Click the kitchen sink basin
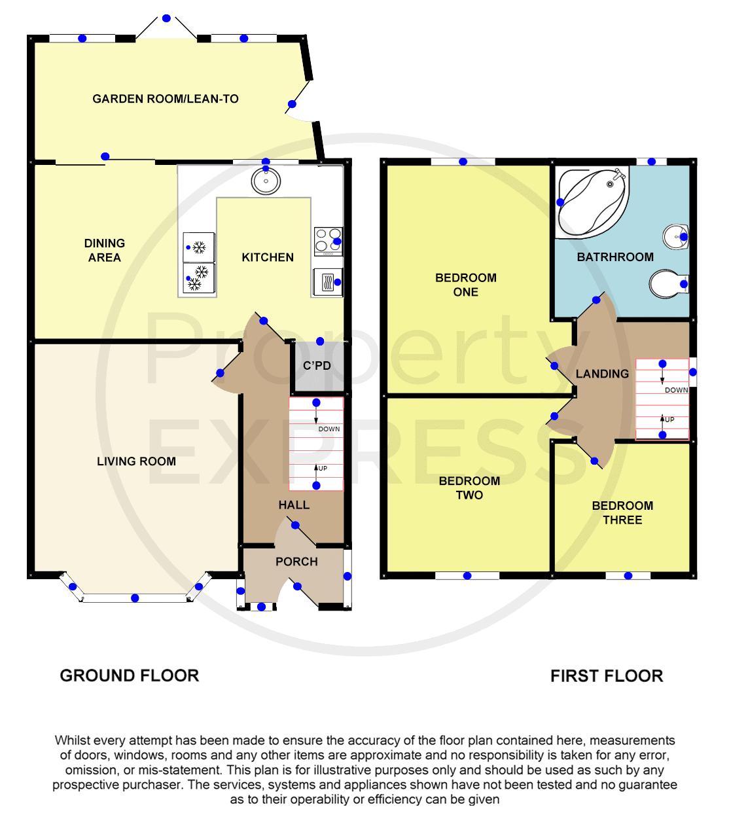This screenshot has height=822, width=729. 266,181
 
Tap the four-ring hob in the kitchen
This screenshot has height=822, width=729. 329,241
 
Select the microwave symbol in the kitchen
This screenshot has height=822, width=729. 328,281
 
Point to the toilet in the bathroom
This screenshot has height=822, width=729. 668,283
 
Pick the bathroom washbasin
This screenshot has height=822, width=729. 675,236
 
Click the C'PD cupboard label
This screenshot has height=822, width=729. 317,366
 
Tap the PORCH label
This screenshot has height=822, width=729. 296,562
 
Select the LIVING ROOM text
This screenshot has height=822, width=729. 136,461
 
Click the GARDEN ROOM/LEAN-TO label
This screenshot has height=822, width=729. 166,99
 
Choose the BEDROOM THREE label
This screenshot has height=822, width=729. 622,513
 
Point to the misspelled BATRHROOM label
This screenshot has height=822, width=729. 615,257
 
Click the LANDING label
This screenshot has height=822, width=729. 602,374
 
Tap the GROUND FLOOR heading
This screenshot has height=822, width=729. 130,675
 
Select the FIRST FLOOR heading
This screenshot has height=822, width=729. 607,676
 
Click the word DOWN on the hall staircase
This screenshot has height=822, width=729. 329,429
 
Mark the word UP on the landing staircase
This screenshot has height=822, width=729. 669,420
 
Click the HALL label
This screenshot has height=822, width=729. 294,505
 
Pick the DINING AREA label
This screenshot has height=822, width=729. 104,251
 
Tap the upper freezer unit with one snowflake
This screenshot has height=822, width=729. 198,247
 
